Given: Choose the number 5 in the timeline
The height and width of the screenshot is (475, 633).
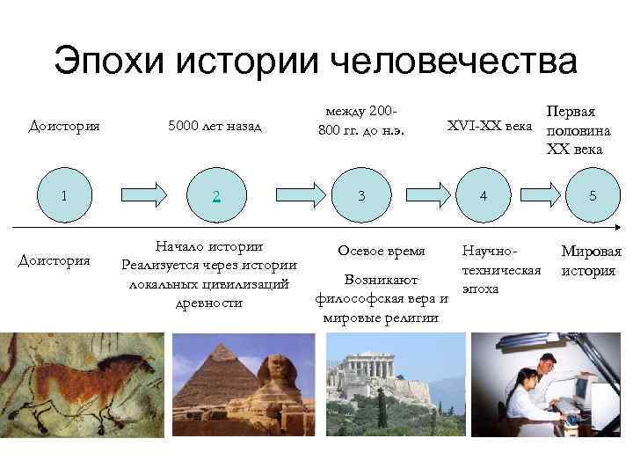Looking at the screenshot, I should pos(593,195).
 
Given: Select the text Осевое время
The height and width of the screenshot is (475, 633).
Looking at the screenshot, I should pos(381,251).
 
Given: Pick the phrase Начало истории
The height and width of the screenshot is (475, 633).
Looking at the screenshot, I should pos(208,245).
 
